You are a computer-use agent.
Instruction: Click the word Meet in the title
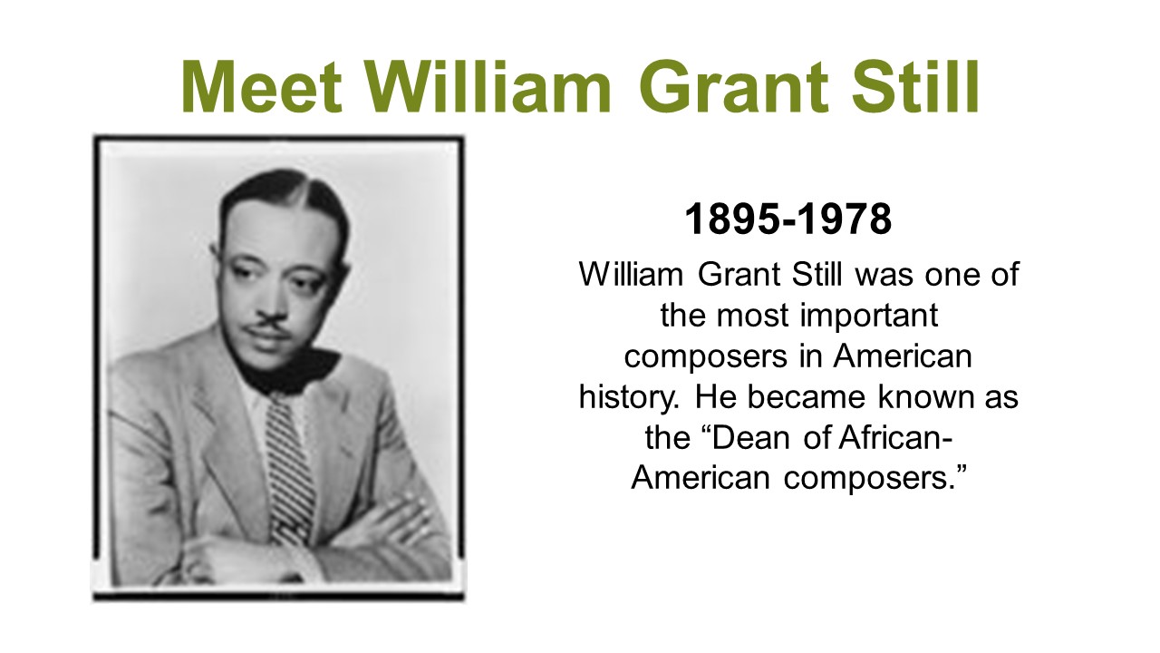(x=262, y=86)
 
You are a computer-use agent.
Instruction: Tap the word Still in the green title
(x=915, y=85)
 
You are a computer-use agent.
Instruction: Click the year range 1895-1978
(x=788, y=219)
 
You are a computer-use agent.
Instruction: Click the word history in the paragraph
(x=629, y=398)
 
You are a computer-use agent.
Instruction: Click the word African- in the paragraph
(x=894, y=437)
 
